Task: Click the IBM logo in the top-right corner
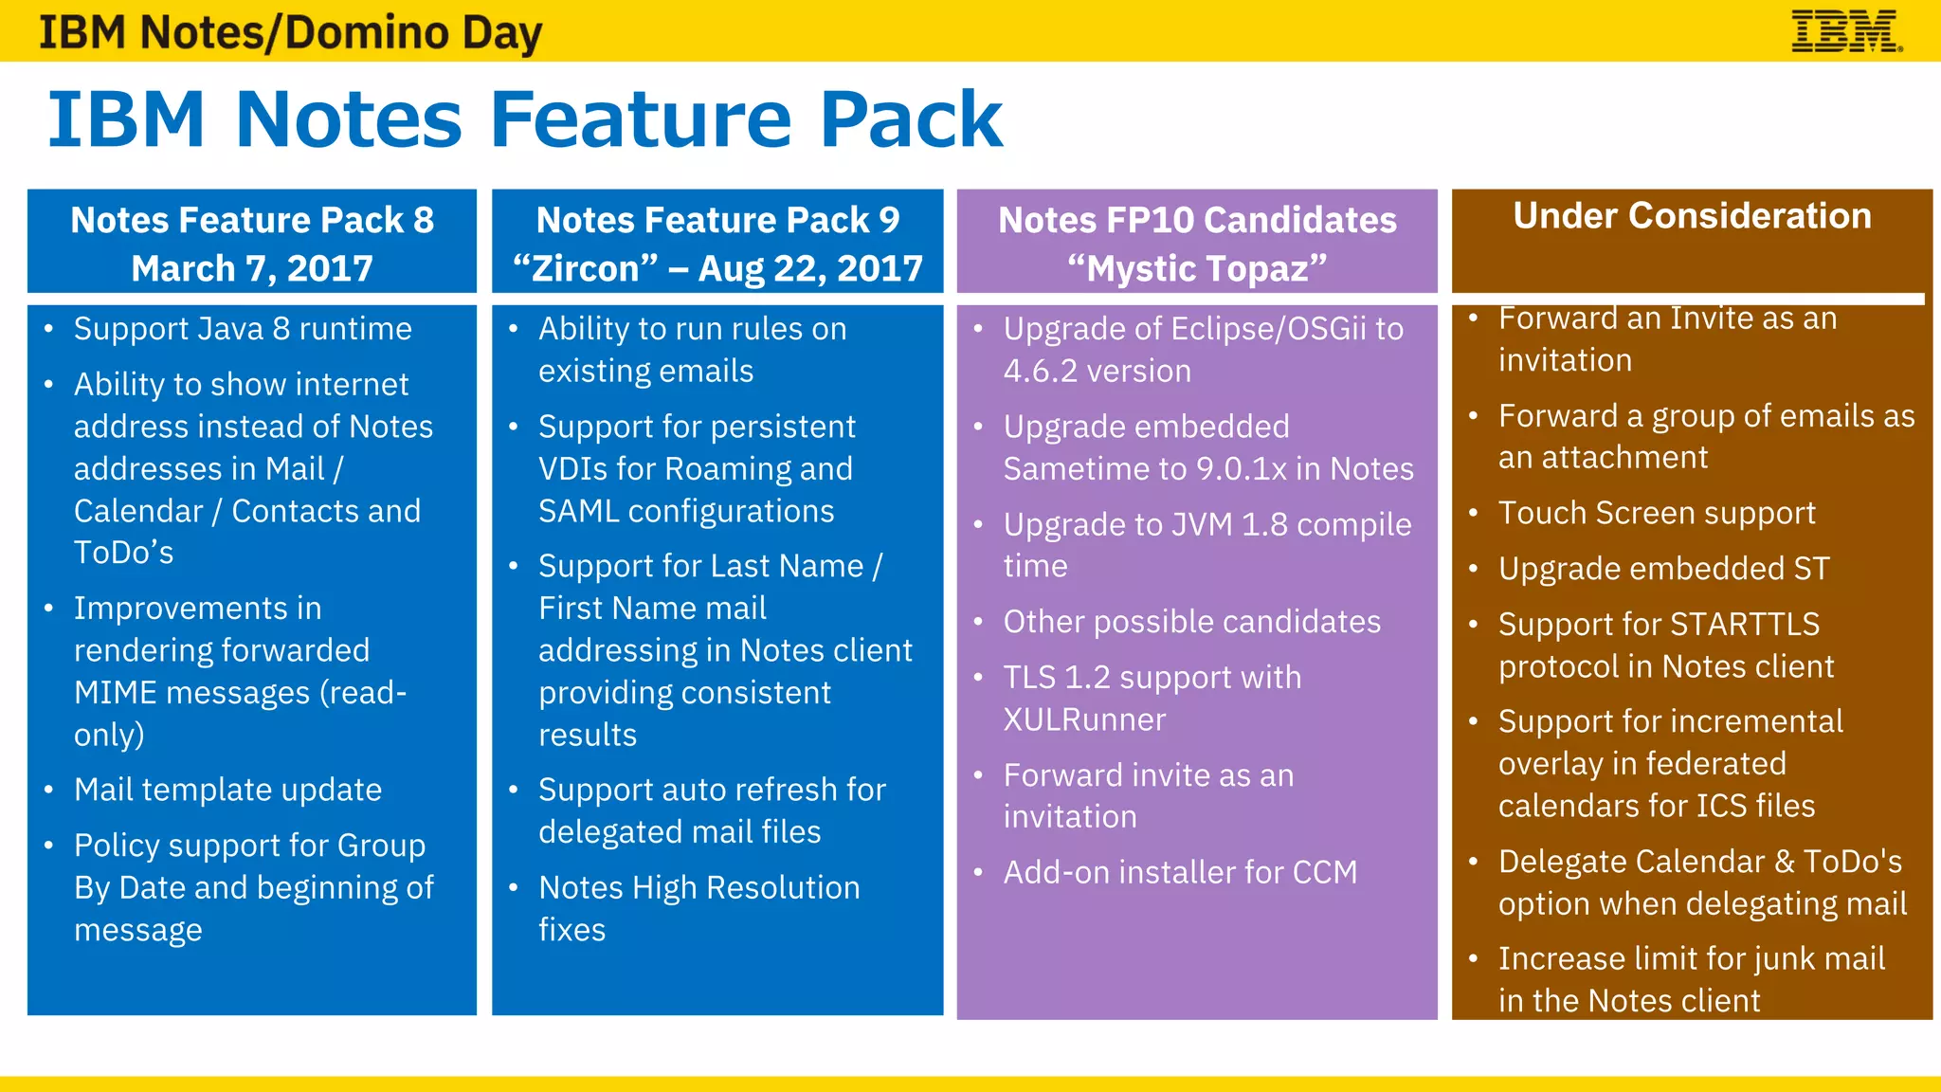1845,31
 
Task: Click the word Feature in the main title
641,119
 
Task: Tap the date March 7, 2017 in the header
252,268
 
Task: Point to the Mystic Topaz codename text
1196,268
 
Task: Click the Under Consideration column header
1692,216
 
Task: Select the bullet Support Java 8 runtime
243,329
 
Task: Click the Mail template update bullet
227,790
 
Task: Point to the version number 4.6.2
1040,372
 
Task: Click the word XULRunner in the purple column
1084,720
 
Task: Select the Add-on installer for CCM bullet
1180,872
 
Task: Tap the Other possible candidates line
1191,622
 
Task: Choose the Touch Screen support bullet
1656,513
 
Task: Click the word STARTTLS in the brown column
1744,625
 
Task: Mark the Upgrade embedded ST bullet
1663,569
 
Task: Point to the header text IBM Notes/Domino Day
290,32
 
